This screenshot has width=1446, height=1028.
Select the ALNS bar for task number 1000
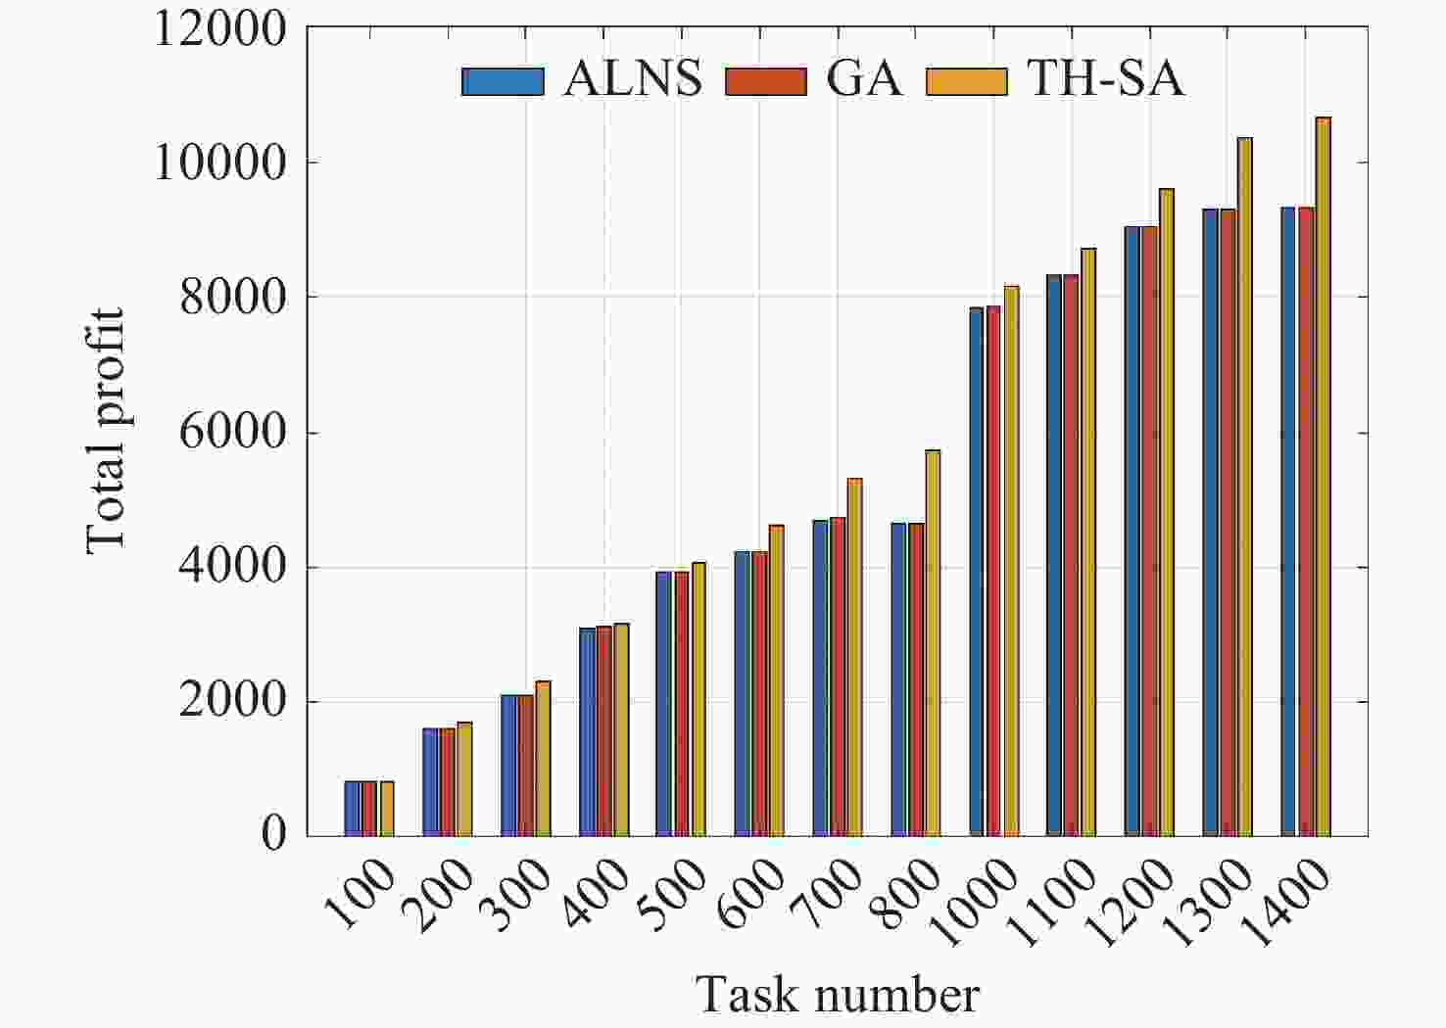pos(976,572)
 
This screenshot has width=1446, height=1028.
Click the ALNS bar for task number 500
pos(663,704)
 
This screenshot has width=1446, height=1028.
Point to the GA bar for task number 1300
pos(1228,523)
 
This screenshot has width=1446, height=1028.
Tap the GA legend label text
pos(863,78)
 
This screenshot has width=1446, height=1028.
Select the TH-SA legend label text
pos(1105,78)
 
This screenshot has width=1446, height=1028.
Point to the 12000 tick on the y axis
pos(219,29)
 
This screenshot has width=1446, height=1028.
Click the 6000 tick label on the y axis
pos(233,433)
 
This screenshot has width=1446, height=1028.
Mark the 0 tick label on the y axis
pos(273,835)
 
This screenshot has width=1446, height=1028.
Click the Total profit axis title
pos(106,431)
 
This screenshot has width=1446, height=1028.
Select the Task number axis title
pos(838,995)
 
